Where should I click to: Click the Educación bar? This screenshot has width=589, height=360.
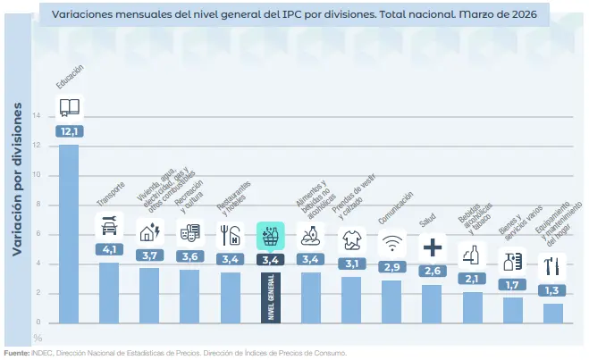click(x=69, y=232)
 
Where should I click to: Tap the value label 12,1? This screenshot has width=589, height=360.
click(x=69, y=131)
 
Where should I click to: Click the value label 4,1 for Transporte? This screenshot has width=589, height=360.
click(x=109, y=249)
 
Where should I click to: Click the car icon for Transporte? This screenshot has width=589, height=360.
click(x=109, y=226)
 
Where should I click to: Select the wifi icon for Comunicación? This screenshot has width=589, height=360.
click(x=391, y=242)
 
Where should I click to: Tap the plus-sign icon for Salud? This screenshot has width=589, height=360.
click(x=432, y=247)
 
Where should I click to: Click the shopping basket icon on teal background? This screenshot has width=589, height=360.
click(x=269, y=235)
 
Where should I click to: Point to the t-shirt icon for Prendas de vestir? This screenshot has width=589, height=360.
click(x=350, y=239)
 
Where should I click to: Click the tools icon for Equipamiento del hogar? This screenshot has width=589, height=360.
click(x=552, y=265)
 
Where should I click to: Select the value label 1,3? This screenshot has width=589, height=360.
click(x=552, y=290)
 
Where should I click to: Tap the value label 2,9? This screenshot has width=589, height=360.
click(x=391, y=266)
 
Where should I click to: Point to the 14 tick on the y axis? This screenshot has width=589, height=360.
click(x=37, y=116)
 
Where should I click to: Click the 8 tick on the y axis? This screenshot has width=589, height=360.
click(x=38, y=205)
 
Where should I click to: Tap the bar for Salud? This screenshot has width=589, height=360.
click(x=432, y=304)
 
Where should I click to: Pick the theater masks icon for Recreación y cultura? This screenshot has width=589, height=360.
click(x=189, y=233)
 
